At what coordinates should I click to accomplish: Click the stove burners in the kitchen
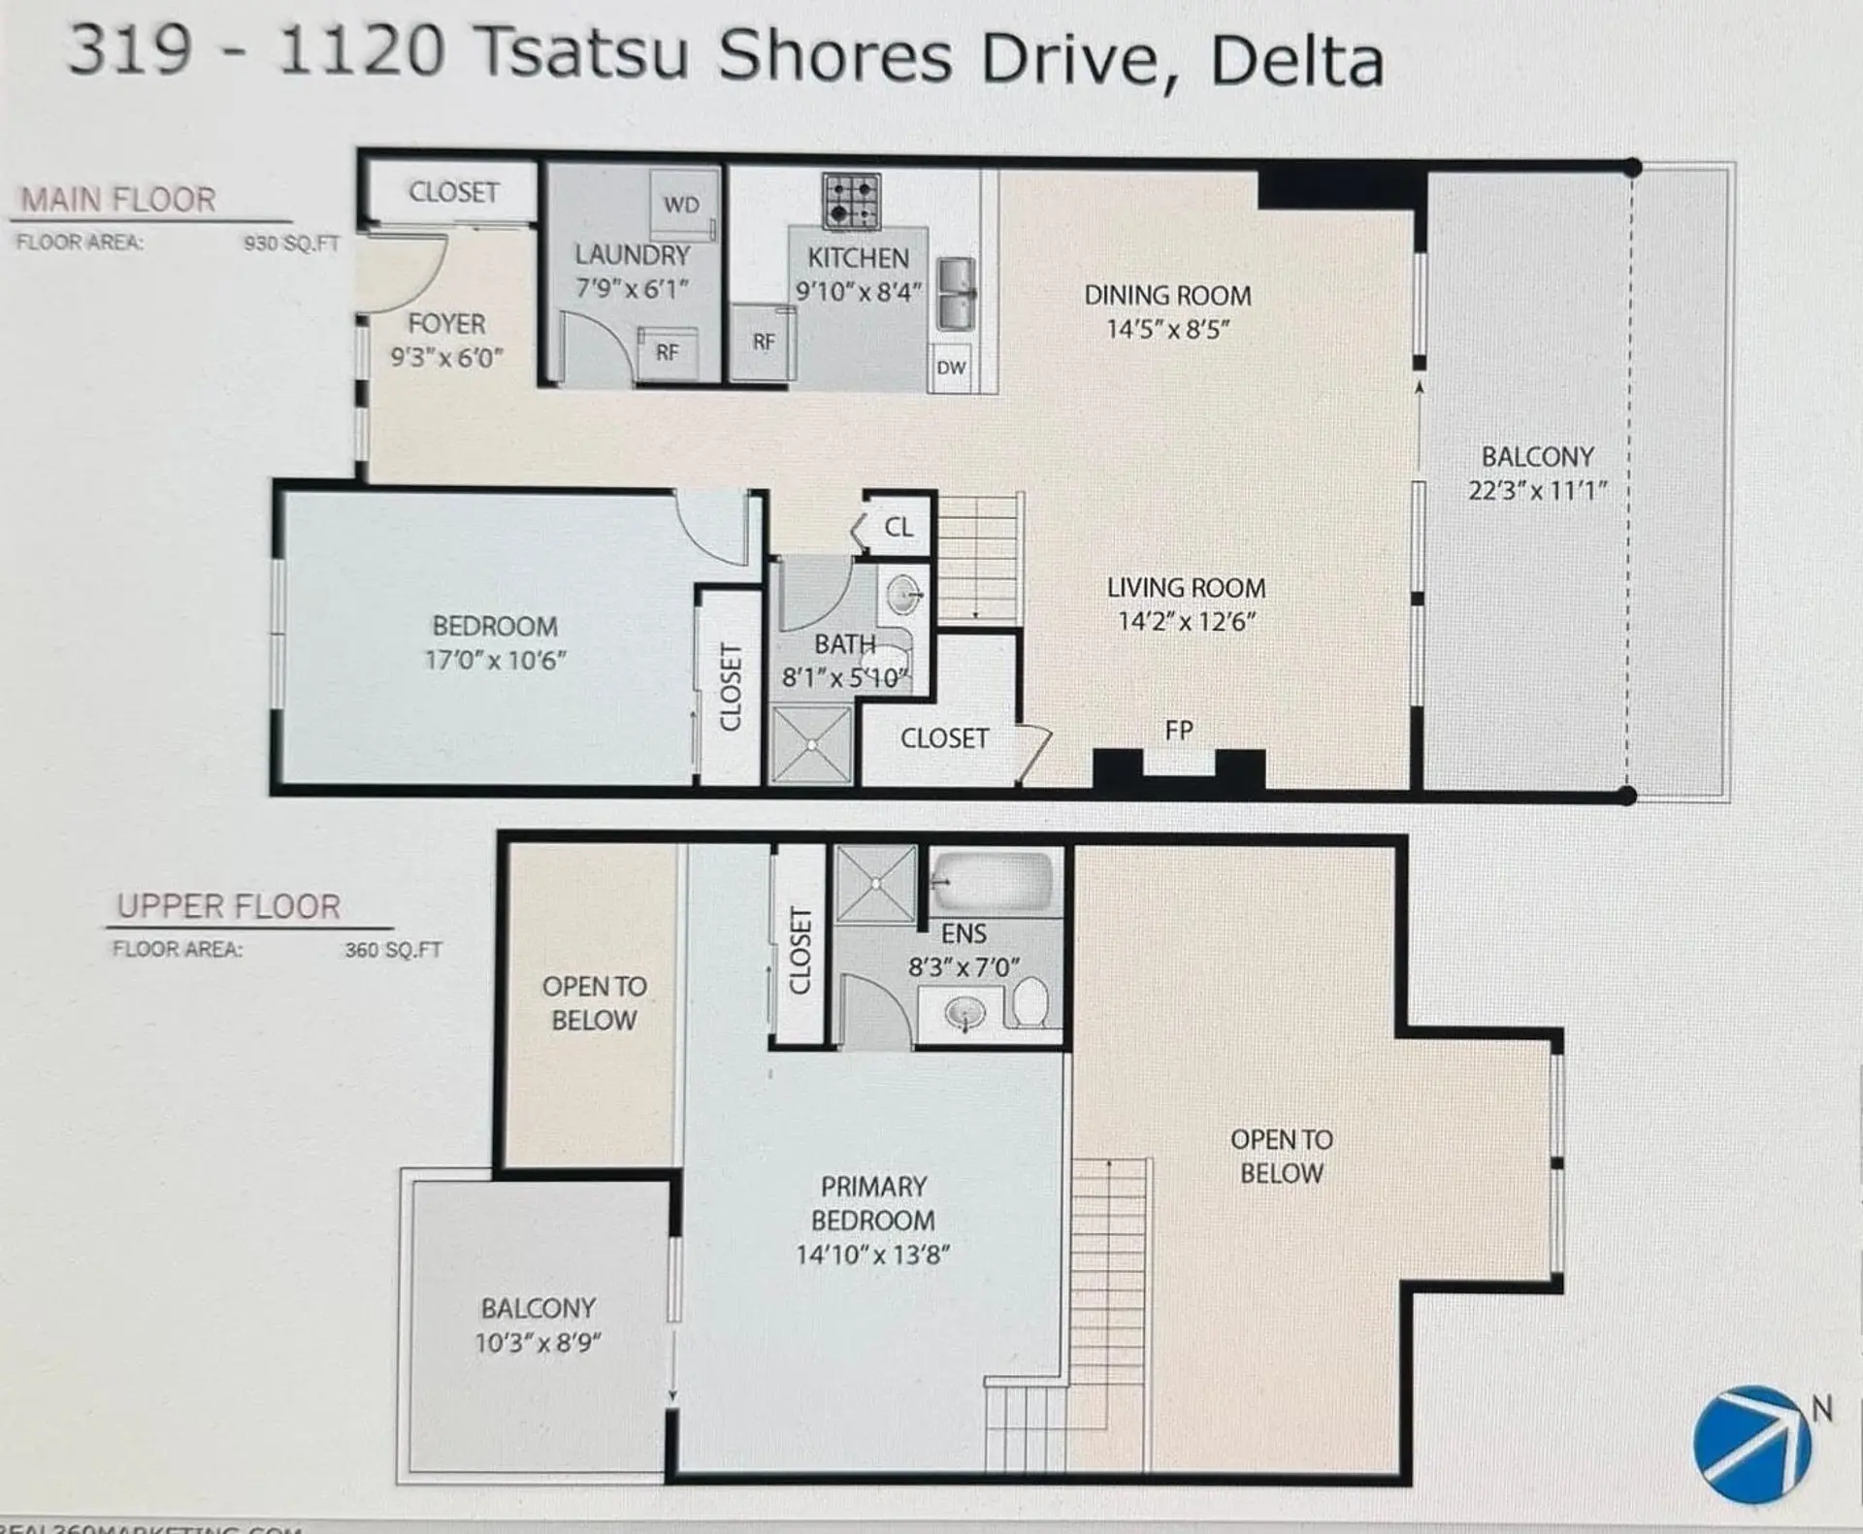tap(851, 201)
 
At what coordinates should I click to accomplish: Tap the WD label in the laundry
tap(681, 205)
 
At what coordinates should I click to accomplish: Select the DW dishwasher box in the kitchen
tap(951, 368)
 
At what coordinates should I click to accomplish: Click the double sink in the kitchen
tap(956, 293)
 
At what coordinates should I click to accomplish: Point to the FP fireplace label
tap(1179, 731)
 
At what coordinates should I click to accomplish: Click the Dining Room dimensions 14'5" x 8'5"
tap(1167, 329)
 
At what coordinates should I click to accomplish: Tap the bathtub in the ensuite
tap(993, 881)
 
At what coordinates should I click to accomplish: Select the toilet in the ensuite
tap(1030, 1001)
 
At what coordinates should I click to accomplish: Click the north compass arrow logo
tap(1752, 1445)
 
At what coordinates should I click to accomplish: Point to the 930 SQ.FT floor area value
tap(291, 244)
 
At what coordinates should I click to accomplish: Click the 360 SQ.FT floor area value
tap(393, 950)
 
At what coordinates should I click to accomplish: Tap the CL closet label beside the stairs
tap(899, 527)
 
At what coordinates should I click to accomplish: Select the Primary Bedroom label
tap(873, 1203)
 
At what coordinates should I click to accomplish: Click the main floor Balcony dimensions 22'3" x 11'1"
tap(1537, 491)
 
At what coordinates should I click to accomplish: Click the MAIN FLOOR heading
tap(118, 200)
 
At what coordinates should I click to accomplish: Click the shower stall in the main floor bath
tap(811, 744)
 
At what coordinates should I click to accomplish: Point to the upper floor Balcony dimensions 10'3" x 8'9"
tap(538, 1343)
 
